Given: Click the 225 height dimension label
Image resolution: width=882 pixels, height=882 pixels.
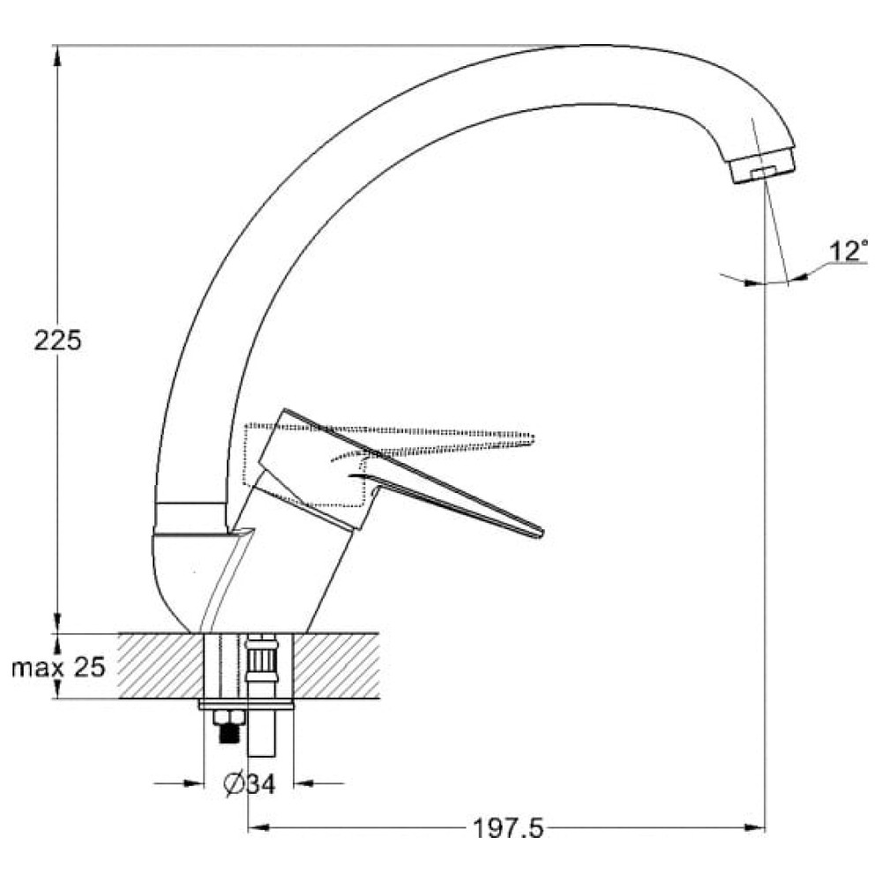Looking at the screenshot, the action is coord(58,340).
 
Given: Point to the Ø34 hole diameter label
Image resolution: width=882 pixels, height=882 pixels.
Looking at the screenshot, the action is coord(250,783).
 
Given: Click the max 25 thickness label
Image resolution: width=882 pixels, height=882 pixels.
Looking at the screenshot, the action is coord(58,667).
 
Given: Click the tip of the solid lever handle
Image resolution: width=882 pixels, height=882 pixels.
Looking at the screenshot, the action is coord(542,534).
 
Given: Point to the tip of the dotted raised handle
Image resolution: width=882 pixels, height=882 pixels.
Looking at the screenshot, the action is coord(532,437).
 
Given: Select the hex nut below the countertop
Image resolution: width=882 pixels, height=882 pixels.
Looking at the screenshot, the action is coord(228,718).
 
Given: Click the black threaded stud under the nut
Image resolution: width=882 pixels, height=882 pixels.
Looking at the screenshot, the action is coord(228,734).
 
